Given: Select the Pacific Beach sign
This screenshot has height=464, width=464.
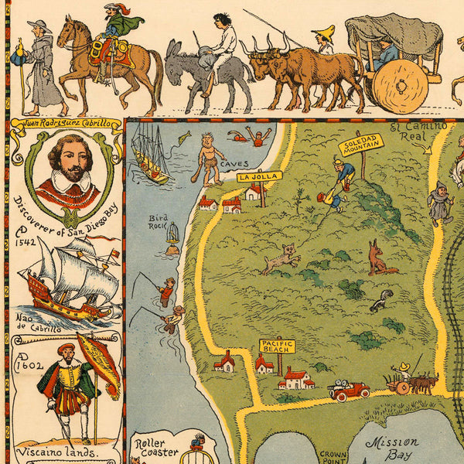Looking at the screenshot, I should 277,346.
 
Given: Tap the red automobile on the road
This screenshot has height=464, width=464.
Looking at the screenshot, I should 350,390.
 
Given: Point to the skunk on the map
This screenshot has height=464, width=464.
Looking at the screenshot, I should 380,300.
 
